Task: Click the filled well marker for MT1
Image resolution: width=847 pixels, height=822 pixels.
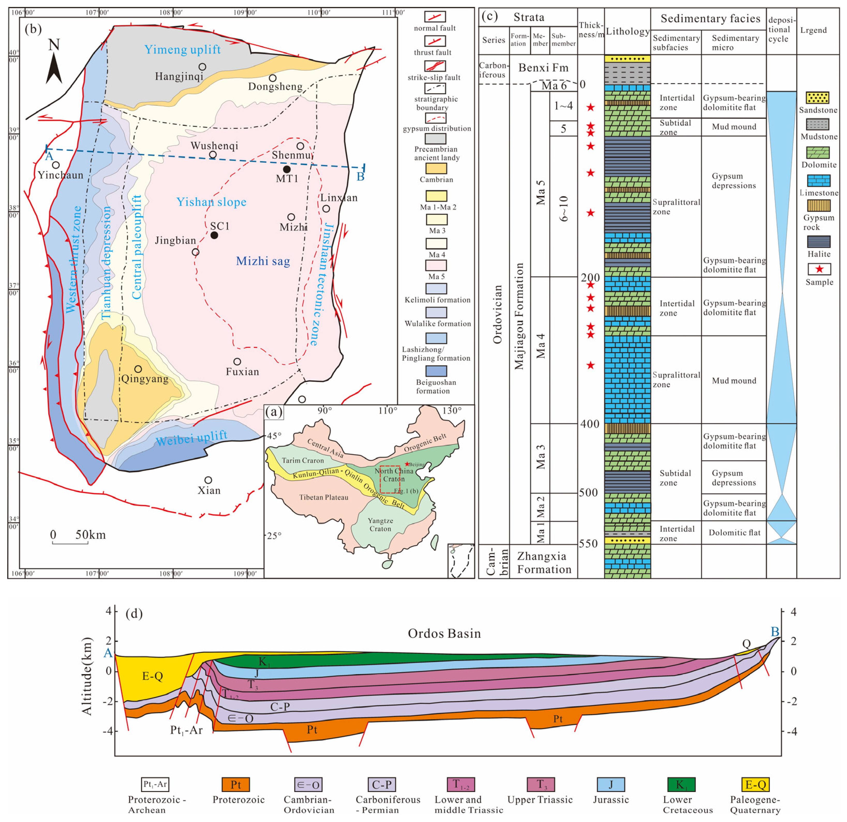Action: pos(286,169)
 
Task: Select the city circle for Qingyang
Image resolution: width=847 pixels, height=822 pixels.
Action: pos(138,369)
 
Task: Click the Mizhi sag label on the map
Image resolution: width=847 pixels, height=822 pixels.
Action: pos(263,261)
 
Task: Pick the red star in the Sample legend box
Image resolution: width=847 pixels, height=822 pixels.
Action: pos(819,269)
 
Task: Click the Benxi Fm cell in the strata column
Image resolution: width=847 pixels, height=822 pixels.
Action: pos(543,68)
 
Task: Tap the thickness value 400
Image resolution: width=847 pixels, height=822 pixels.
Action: pos(590,424)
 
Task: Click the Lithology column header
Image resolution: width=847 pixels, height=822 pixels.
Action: pos(628,31)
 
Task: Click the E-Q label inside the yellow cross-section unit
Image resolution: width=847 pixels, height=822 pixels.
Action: pos(152,676)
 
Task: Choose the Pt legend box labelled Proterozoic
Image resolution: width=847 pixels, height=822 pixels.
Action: pos(235,784)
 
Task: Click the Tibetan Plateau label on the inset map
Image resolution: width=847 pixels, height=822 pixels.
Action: pos(324,497)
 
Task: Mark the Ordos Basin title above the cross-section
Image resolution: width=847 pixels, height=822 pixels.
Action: pos(444,634)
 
